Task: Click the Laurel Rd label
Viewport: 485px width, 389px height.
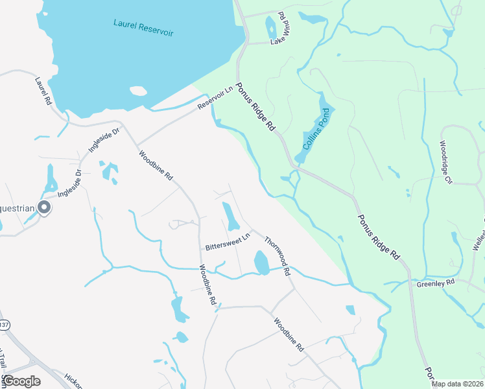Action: (x=43, y=91)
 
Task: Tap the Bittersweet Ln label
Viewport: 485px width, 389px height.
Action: (x=227, y=243)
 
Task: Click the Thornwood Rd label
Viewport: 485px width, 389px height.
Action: (x=276, y=255)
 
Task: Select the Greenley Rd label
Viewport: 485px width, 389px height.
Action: (x=435, y=283)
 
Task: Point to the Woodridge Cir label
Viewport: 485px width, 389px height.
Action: (x=445, y=163)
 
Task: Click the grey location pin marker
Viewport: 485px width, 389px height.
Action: (x=44, y=207)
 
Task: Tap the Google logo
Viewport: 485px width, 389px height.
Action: (x=21, y=381)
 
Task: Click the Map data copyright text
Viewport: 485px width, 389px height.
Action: (x=457, y=384)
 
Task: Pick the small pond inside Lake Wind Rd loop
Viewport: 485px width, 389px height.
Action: (x=271, y=27)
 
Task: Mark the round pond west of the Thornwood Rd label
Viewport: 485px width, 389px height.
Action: (x=261, y=262)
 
